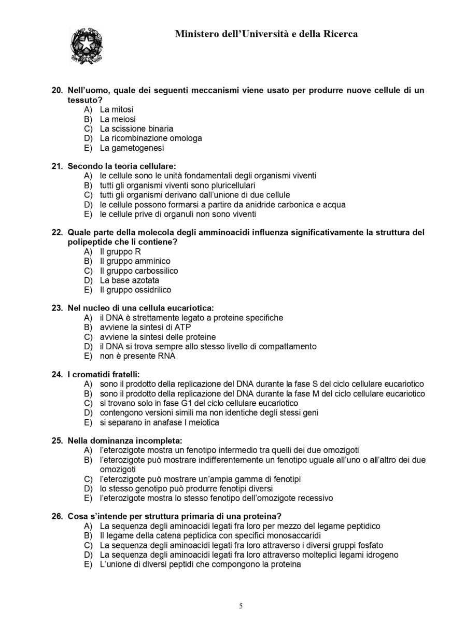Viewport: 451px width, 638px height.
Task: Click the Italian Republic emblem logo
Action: point(86,46)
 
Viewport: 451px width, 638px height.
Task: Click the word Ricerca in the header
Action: point(337,34)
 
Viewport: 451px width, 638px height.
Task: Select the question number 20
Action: point(57,90)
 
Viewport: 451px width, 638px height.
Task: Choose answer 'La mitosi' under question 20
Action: point(116,109)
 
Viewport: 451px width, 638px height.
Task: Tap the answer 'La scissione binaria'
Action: point(136,129)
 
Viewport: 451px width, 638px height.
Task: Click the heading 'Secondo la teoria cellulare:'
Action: point(121,166)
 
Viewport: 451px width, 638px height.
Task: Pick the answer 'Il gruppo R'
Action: point(120,251)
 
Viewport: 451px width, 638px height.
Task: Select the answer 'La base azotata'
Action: point(129,280)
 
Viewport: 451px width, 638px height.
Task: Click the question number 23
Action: point(57,308)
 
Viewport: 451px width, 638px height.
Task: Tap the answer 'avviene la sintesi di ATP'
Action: point(145,328)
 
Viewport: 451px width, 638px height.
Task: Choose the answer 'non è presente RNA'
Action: point(137,356)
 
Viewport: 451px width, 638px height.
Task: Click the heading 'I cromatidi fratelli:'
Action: point(104,374)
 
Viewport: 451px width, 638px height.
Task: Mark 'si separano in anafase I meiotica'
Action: point(159,422)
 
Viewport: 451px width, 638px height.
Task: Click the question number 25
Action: point(57,441)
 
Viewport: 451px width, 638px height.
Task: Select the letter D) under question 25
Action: point(88,489)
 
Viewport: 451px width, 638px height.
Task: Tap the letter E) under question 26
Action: point(88,564)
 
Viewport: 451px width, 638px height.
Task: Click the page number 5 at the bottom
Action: point(241,606)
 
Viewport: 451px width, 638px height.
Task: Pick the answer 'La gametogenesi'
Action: point(132,148)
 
